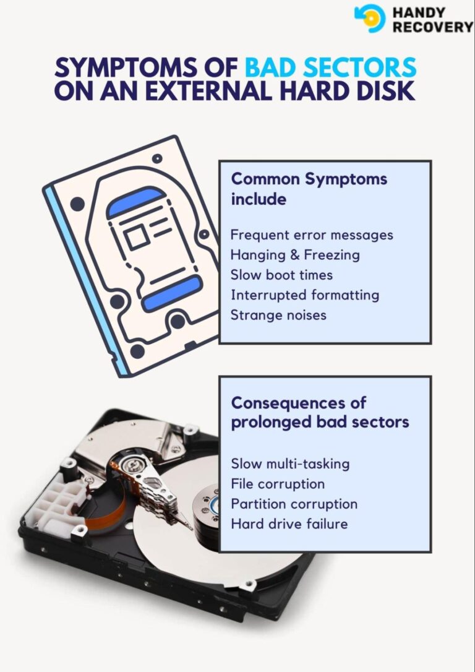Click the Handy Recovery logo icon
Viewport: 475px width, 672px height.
point(370,18)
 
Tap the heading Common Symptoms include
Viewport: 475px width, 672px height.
point(309,189)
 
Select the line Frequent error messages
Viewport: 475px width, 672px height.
point(312,235)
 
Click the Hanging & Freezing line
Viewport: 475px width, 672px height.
point(294,255)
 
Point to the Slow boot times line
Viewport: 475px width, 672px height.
point(281,275)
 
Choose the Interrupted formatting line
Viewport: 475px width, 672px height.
point(304,295)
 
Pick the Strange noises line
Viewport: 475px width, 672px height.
point(278,314)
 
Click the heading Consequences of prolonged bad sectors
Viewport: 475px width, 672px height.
point(320,412)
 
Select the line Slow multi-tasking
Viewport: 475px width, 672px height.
point(290,463)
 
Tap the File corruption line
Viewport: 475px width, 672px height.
point(278,483)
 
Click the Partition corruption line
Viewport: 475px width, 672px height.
point(294,504)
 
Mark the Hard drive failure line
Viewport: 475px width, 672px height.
point(289,523)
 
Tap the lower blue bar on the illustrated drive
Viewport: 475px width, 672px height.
point(172,293)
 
